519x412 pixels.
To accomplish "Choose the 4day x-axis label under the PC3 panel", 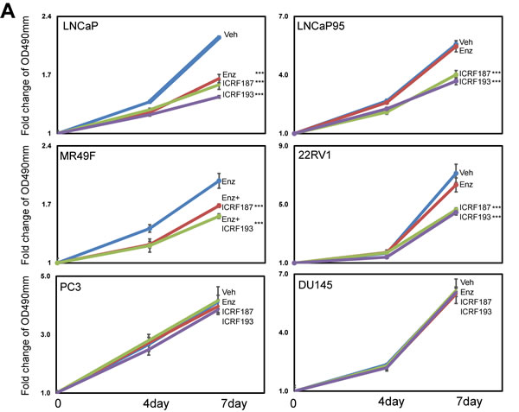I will click(x=151, y=402).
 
